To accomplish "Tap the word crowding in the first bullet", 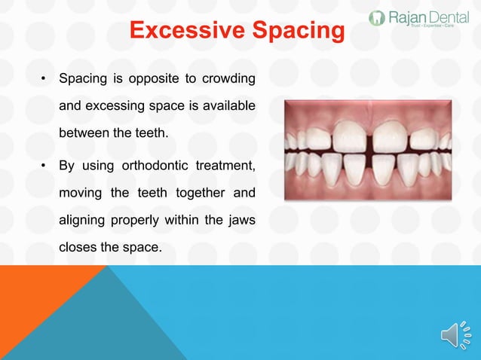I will click(x=227, y=78).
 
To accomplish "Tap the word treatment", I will click(x=224, y=165).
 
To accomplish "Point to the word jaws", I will click(x=240, y=221).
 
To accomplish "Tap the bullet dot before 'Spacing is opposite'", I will click(x=44, y=79).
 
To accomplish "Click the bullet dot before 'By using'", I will click(x=44, y=166).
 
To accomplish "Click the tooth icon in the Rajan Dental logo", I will click(x=376, y=18).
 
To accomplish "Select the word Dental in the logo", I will click(x=449, y=17).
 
